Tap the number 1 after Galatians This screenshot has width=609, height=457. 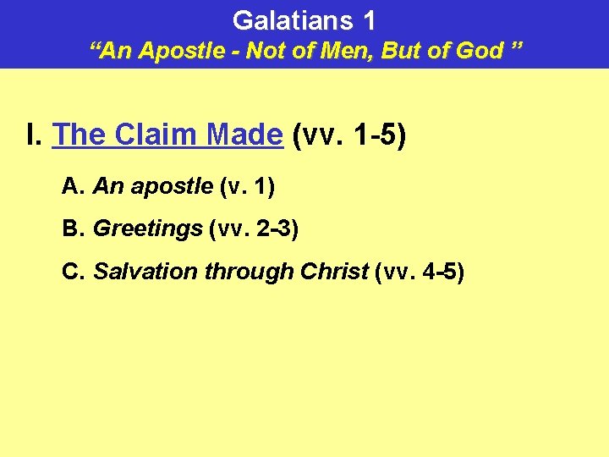368,20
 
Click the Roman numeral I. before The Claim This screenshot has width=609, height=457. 35,135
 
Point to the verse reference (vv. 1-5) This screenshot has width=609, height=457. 348,135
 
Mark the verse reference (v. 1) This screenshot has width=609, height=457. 246,186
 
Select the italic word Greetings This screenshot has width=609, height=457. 147,228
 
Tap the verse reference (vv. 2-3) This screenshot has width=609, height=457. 253,228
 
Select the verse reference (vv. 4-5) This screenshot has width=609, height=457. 419,272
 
